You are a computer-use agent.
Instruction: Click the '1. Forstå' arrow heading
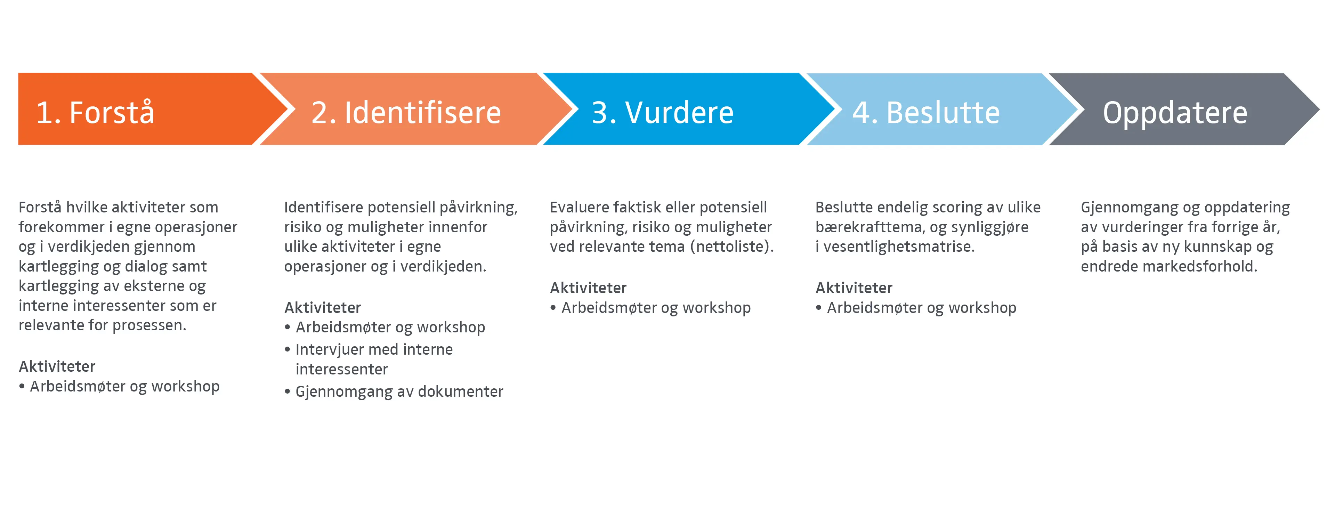point(95,112)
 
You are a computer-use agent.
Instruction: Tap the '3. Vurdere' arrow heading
point(663,112)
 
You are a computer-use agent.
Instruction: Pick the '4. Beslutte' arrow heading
point(926,112)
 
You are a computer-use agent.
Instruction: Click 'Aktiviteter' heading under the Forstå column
point(57,366)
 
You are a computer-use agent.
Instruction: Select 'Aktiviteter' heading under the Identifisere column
point(322,307)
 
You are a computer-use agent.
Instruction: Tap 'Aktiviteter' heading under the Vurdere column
point(588,288)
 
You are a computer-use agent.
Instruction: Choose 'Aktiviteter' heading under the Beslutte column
point(854,288)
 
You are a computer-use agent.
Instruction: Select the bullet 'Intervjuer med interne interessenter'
point(374,359)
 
